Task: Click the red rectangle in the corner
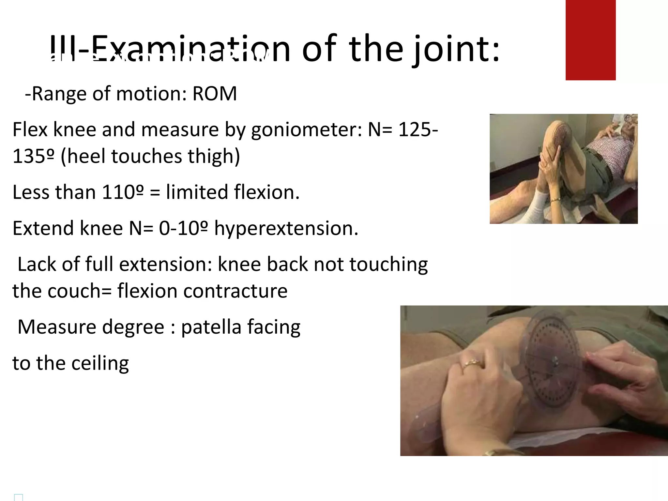(x=590, y=40)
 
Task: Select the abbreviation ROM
(x=214, y=94)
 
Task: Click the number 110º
(x=123, y=192)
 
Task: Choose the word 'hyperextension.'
(x=286, y=228)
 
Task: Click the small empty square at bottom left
(x=19, y=497)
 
